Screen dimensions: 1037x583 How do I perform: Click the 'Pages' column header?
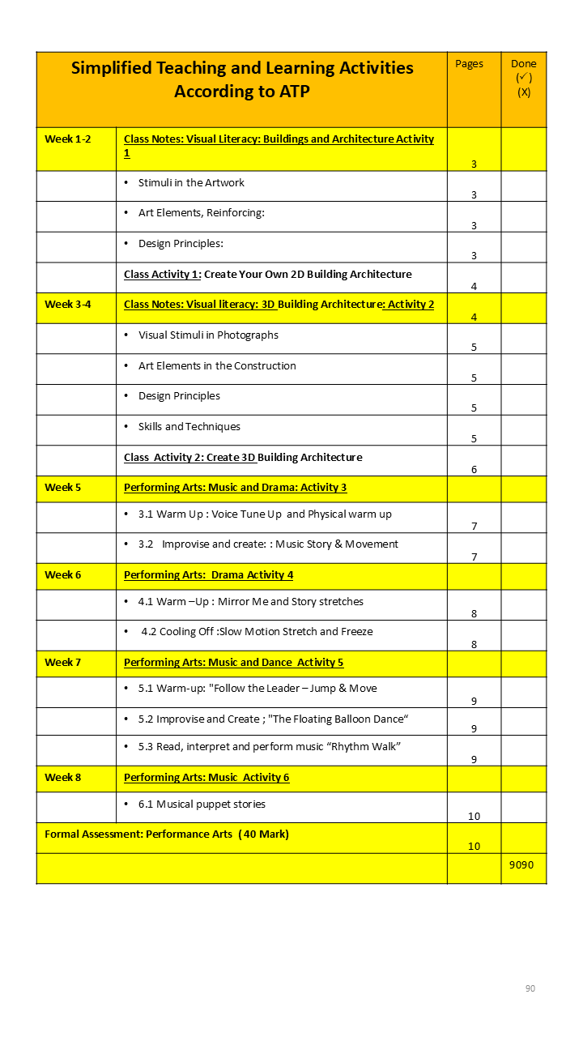(469, 64)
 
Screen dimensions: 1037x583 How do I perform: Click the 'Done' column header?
(523, 64)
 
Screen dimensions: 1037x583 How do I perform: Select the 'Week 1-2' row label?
(68, 139)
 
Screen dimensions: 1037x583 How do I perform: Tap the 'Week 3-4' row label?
(68, 305)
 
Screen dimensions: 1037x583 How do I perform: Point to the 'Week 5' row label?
(63, 488)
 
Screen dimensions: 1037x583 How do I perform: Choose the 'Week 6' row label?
(63, 575)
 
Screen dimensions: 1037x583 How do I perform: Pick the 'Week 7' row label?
(63, 663)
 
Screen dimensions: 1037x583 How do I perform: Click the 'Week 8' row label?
(63, 778)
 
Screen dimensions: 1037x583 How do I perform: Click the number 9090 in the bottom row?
(521, 864)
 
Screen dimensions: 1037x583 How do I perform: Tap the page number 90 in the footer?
(530, 988)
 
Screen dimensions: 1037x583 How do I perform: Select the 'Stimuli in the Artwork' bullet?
(191, 183)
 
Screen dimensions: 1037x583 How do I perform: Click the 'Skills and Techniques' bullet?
(189, 427)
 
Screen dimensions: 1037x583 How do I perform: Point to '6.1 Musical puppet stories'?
(202, 804)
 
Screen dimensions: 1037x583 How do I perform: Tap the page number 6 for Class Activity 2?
(474, 470)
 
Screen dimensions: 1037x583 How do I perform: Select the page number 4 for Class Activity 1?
(474, 287)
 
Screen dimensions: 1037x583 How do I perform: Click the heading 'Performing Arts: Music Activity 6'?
(206, 778)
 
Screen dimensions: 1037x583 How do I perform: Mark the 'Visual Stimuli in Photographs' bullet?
(208, 335)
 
